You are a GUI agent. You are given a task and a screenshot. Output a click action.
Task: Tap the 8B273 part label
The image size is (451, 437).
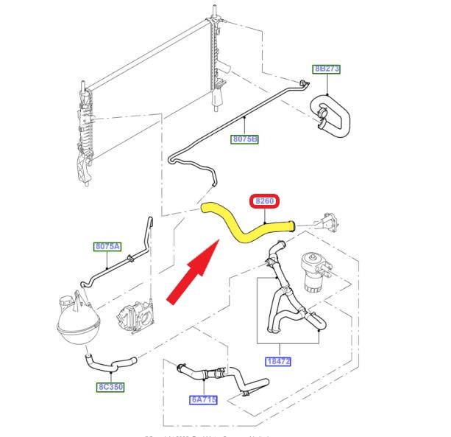327,70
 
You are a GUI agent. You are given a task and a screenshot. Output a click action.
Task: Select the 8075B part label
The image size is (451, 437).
244,138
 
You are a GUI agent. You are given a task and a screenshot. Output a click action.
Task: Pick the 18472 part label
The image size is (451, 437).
279,361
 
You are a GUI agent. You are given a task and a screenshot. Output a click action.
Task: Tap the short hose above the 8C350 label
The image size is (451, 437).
110,363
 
